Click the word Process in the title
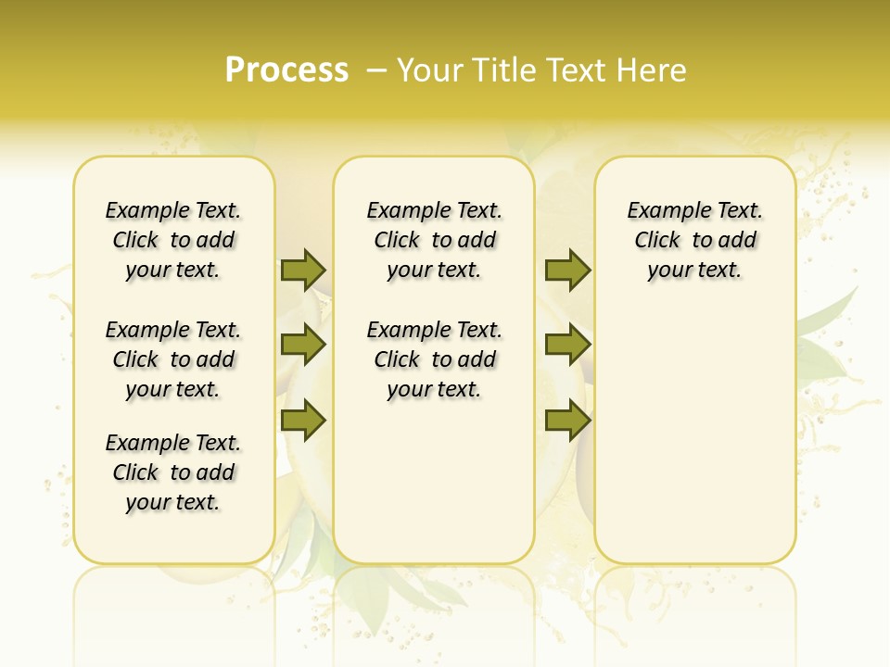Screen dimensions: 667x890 coord(286,69)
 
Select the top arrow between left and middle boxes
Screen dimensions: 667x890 coord(303,270)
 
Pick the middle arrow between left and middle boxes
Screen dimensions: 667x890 coord(303,345)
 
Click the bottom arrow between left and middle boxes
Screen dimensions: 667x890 coord(303,421)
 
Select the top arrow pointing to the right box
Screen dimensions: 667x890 coord(567,270)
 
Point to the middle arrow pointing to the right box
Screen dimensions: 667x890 coord(567,345)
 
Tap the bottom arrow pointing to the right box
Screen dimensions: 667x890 coord(567,421)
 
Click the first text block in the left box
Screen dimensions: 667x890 coord(173,240)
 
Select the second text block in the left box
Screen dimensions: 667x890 coord(173,359)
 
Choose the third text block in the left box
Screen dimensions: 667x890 coord(173,472)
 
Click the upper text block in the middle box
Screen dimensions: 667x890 coord(434,240)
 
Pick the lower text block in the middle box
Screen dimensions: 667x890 coord(434,359)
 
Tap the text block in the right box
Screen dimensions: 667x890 coord(694,240)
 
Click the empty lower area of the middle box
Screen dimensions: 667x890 coord(434,482)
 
